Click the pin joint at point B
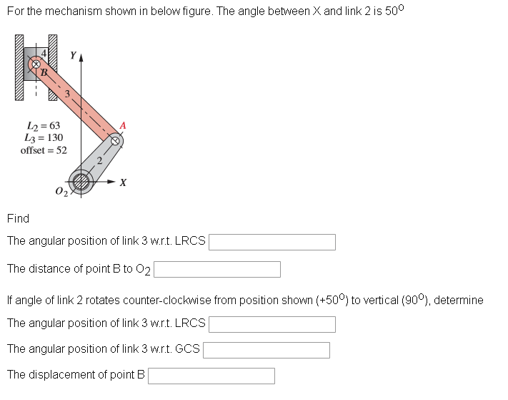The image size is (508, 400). [34, 64]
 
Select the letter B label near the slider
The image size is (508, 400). [44, 72]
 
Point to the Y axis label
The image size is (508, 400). [72, 55]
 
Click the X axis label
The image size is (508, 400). [124, 183]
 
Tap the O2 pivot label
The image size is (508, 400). [61, 191]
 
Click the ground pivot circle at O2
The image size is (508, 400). [80, 182]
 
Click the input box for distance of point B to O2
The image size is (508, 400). [217, 269]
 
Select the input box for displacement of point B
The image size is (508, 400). [211, 376]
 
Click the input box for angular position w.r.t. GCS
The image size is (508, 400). [267, 350]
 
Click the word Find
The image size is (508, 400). [18, 218]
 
